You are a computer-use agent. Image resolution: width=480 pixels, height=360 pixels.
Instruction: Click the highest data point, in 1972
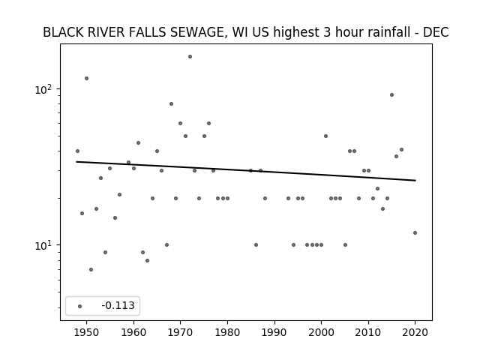(x=190, y=57)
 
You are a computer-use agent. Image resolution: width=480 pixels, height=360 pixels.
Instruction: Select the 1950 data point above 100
(x=87, y=78)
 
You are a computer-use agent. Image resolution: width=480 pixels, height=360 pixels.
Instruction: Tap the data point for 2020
(x=415, y=233)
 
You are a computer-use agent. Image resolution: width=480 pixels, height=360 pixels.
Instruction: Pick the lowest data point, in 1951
(x=91, y=270)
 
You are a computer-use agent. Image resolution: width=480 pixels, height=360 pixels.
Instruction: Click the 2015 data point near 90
(x=391, y=95)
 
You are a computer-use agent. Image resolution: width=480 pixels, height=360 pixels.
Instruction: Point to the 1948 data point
(x=77, y=151)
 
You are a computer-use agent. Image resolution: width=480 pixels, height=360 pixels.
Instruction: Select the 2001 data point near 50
(x=325, y=136)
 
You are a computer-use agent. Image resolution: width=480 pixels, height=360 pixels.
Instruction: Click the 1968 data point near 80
(x=172, y=104)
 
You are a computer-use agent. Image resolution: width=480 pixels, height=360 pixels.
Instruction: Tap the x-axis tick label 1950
(x=87, y=333)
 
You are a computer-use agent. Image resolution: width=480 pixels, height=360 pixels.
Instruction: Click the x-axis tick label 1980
(x=227, y=333)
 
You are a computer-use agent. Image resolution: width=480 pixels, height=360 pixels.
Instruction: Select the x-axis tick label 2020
(x=415, y=333)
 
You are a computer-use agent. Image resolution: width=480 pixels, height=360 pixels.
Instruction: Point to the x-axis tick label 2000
(x=321, y=333)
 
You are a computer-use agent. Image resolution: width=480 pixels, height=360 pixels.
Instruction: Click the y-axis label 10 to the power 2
(x=43, y=89)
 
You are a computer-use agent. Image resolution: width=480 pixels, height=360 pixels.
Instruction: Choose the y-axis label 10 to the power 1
(x=43, y=245)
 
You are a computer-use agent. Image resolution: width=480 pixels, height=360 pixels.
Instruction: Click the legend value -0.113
(x=118, y=305)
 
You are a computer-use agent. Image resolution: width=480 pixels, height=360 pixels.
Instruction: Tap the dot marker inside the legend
(x=80, y=306)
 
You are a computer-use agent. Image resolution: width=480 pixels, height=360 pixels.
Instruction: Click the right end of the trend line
(x=415, y=181)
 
